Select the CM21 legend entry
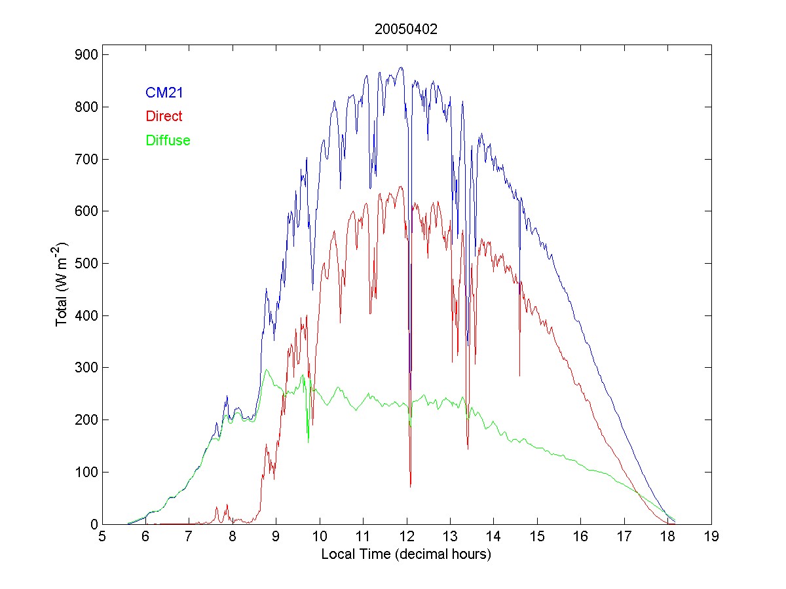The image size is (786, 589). pyautogui.click(x=164, y=93)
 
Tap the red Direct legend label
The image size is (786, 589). pyautogui.click(x=164, y=116)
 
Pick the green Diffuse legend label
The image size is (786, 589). pyautogui.click(x=168, y=140)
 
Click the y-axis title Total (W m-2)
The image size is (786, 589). pyautogui.click(x=62, y=285)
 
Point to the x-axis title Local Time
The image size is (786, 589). pyautogui.click(x=406, y=554)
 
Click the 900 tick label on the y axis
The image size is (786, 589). pyautogui.click(x=85, y=54)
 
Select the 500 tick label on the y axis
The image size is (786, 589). pyautogui.click(x=85, y=263)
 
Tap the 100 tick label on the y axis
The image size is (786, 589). pyautogui.click(x=85, y=472)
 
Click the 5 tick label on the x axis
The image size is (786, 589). pyautogui.click(x=102, y=537)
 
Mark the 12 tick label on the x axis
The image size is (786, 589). pyautogui.click(x=407, y=537)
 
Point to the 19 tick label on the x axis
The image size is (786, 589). pyautogui.click(x=711, y=537)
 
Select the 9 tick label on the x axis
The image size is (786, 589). pyautogui.click(x=276, y=537)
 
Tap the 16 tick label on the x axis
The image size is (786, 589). pyautogui.click(x=580, y=537)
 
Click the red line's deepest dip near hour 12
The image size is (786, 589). pyautogui.click(x=411, y=486)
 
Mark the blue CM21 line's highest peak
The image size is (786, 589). pyautogui.click(x=401, y=67)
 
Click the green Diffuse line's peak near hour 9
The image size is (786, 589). pyautogui.click(x=267, y=370)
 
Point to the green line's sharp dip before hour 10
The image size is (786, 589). pyautogui.click(x=308, y=442)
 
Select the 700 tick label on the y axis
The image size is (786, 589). pyautogui.click(x=85, y=159)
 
